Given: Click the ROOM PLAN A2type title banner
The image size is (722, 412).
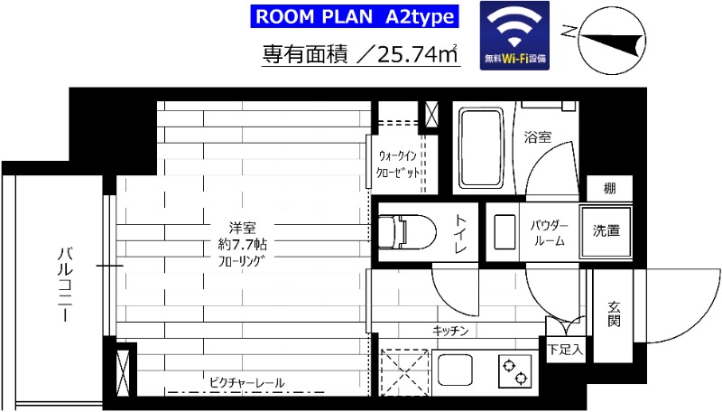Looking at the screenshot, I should pyautogui.click(x=354, y=16).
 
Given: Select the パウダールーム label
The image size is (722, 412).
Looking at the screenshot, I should pyautogui.click(x=549, y=232).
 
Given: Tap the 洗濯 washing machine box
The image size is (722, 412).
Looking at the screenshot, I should pyautogui.click(x=606, y=231).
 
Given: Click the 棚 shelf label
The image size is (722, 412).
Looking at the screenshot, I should pyautogui.click(x=610, y=189).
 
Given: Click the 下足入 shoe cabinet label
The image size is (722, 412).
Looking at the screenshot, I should pyautogui.click(x=566, y=347).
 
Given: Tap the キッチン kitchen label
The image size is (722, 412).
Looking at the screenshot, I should pyautogui.click(x=450, y=331).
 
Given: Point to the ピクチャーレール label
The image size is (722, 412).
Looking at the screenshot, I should pyautogui.click(x=246, y=383).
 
